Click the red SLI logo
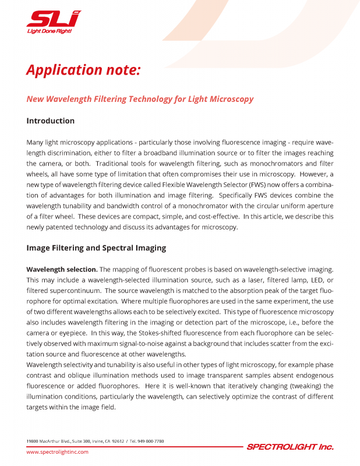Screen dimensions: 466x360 click(x=54, y=19)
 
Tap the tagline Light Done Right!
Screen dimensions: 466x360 click(x=50, y=31)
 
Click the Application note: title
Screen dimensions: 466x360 click(x=83, y=70)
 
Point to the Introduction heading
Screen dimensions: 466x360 click(x=51, y=121)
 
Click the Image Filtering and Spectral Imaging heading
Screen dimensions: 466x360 click(x=96, y=248)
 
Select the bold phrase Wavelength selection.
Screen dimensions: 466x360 click(x=62, y=270)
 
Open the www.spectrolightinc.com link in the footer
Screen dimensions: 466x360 click(x=57, y=452)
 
